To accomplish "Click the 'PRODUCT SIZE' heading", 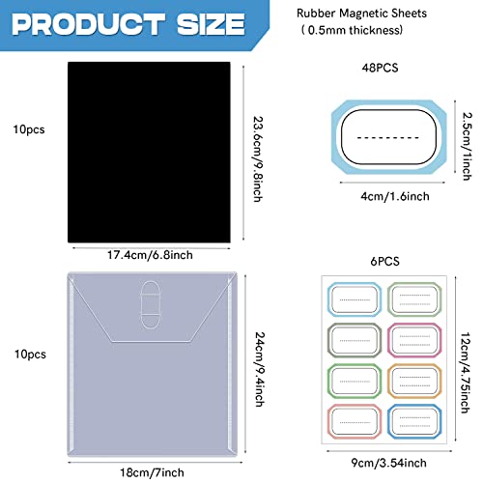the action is (128, 24).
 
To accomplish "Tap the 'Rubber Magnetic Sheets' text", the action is (361, 14).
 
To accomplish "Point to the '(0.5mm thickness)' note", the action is (353, 30).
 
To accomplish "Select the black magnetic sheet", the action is (149, 152).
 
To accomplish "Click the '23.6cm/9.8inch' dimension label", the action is (258, 159).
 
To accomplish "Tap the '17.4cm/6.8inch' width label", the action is (150, 255).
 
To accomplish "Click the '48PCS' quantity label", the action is (380, 68).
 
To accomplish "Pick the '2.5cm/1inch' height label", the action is (467, 146).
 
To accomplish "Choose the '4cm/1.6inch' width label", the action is (395, 196).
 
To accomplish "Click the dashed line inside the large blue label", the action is (388, 138).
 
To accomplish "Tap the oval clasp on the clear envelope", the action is (150, 304).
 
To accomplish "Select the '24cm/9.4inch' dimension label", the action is (260, 369).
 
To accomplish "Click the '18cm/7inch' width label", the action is (152, 472).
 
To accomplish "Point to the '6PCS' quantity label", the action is (384, 261).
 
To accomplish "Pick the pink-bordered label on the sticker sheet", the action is (414, 340).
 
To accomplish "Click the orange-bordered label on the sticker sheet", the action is (414, 381).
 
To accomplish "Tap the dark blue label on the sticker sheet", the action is (414, 421).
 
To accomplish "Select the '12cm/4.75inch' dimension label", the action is (465, 373).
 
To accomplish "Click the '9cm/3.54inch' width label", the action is (388, 463).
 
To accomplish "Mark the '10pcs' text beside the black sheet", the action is (29, 129).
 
